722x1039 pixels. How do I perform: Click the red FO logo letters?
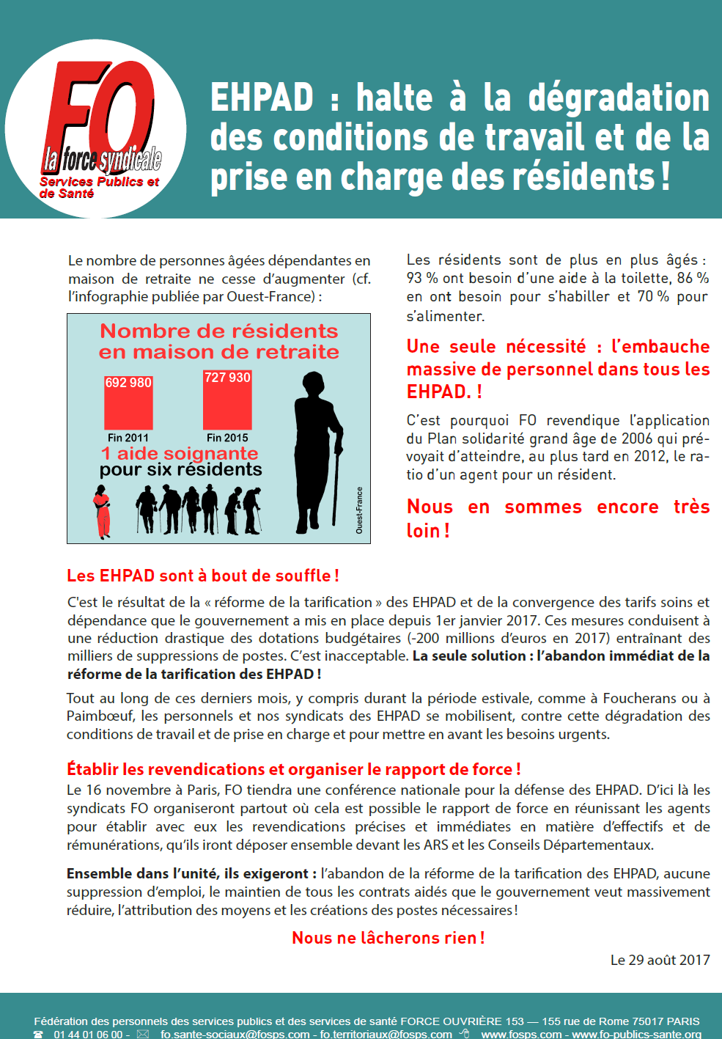(x=99, y=110)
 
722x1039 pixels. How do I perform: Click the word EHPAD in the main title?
(x=262, y=98)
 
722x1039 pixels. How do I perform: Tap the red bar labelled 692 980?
(x=128, y=403)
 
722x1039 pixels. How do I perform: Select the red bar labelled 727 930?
(x=227, y=400)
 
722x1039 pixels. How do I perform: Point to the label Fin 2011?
(x=128, y=438)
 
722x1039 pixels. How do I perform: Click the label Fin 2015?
(x=227, y=438)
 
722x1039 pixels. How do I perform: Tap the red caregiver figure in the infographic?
(x=103, y=511)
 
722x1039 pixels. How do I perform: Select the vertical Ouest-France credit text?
(x=359, y=510)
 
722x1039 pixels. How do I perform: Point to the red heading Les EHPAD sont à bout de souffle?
(x=202, y=576)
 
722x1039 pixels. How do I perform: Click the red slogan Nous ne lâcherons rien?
(x=388, y=938)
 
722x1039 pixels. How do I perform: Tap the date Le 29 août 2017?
(x=660, y=960)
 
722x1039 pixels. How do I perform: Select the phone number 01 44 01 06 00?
(x=88, y=1034)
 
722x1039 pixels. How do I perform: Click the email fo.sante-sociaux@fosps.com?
(x=235, y=1034)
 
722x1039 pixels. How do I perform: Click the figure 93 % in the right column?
(x=422, y=279)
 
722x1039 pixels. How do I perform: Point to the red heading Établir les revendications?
(x=293, y=769)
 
